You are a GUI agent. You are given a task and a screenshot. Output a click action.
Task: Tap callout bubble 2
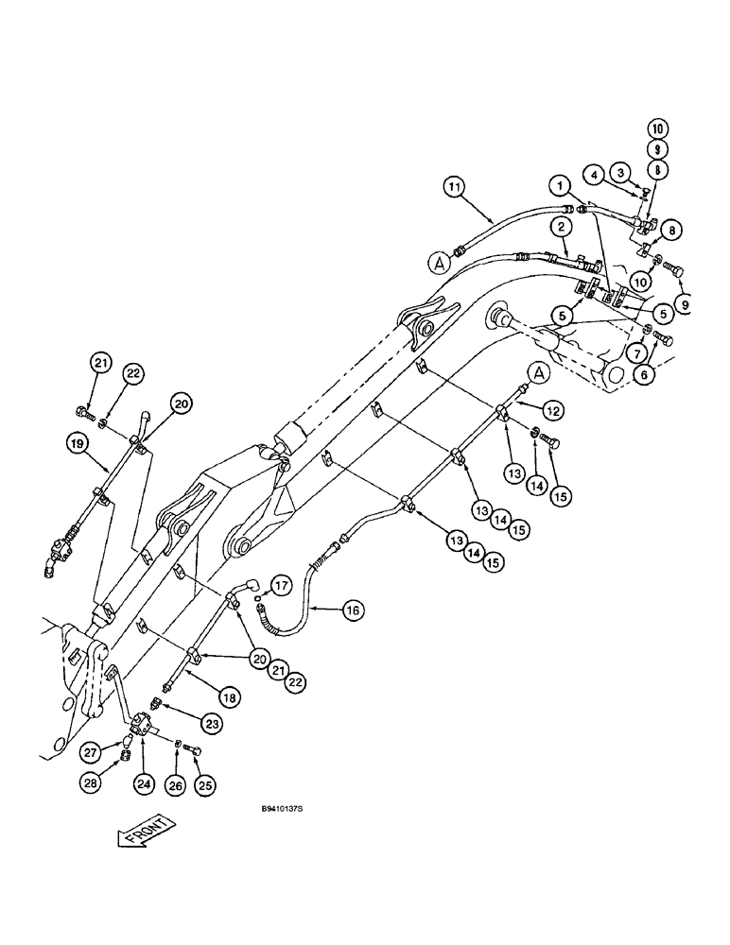(x=561, y=226)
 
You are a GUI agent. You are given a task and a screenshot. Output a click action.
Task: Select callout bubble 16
(x=352, y=610)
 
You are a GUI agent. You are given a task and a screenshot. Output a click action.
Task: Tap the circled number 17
(x=281, y=585)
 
